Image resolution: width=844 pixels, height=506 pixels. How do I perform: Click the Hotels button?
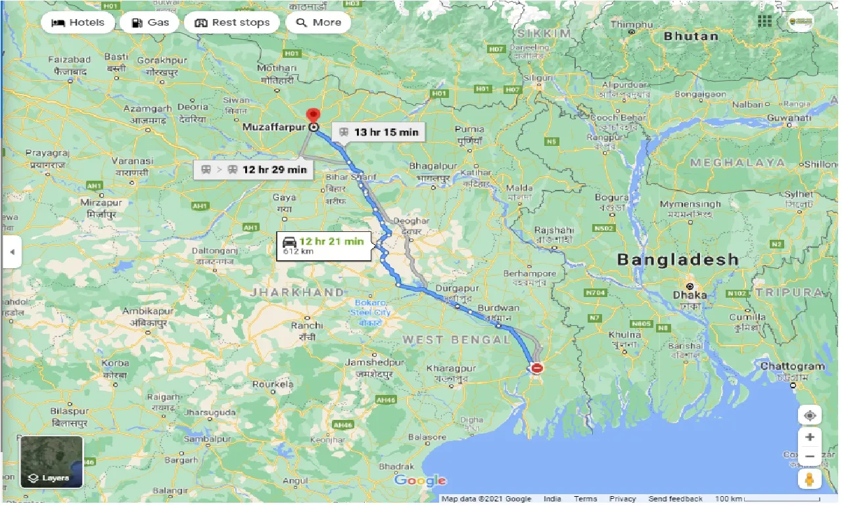tap(78, 22)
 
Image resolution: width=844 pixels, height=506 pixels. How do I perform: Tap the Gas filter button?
tap(151, 22)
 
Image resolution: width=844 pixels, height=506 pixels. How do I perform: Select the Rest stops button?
tap(231, 22)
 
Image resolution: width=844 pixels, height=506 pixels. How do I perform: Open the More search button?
tap(319, 22)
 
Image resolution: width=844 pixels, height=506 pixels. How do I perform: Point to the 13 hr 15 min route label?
tap(379, 132)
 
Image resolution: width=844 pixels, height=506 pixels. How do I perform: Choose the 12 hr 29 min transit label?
tap(253, 170)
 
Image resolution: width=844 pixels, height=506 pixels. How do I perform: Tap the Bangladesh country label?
tap(678, 259)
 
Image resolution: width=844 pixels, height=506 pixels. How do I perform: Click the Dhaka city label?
tap(690, 294)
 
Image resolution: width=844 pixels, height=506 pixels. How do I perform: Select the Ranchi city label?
tap(307, 325)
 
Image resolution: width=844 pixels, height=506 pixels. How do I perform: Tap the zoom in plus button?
tap(809, 437)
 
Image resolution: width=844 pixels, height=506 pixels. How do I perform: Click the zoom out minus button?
tap(809, 456)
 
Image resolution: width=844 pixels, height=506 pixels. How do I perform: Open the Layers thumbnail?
tap(52, 461)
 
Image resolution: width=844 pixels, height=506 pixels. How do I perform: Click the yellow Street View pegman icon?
tap(809, 480)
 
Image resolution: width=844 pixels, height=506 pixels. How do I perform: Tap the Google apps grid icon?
tap(764, 21)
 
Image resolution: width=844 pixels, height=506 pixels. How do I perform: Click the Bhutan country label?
tap(690, 35)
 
